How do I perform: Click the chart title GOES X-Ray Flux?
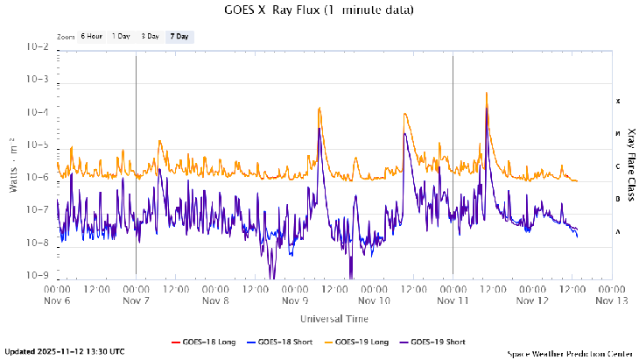[319, 10]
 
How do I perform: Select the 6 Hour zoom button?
[91, 37]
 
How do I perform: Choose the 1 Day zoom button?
[121, 37]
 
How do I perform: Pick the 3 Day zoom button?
[150, 37]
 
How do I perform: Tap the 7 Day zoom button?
[179, 37]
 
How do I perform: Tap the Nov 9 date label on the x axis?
[294, 300]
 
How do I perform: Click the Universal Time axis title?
[334, 318]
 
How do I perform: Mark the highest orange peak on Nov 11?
[486, 93]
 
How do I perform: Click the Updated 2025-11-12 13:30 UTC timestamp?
[65, 352]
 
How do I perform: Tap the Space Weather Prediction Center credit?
[569, 353]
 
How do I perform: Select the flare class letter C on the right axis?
[617, 166]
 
